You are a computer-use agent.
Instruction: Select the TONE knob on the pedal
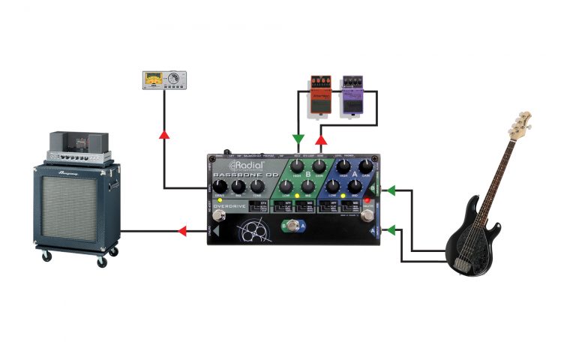[256, 187]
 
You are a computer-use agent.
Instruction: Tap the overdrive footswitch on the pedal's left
[220, 217]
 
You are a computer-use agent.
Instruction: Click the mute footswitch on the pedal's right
[367, 217]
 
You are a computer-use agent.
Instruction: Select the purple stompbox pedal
[351, 95]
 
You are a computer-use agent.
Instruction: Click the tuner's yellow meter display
[155, 77]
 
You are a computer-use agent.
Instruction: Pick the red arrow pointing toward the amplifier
[181, 232]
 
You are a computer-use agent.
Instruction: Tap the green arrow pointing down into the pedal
[298, 139]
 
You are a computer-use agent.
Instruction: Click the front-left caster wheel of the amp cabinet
[47, 256]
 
